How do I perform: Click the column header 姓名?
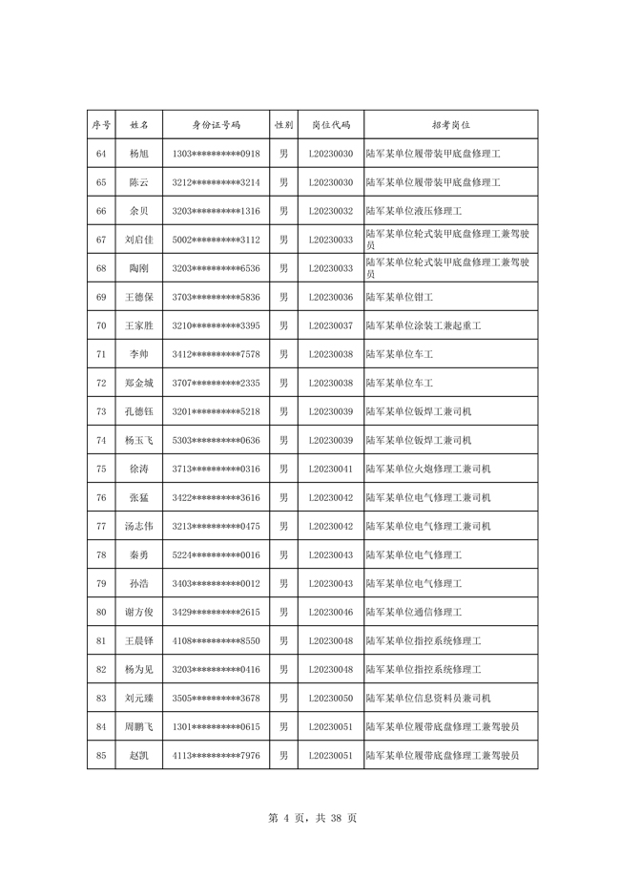click(x=138, y=125)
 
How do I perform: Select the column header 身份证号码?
click(x=217, y=125)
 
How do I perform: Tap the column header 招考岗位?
click(x=451, y=125)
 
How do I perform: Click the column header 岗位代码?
click(x=331, y=125)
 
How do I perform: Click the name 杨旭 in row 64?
click(x=138, y=154)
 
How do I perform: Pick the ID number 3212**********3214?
click(x=217, y=182)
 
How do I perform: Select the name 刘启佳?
click(x=138, y=240)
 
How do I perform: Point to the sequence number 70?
click(x=101, y=325)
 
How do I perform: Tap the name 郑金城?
click(x=138, y=383)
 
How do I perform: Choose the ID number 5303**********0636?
click(x=217, y=440)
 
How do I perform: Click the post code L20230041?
click(x=331, y=469)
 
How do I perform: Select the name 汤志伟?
click(x=138, y=526)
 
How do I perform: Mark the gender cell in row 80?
click(x=283, y=612)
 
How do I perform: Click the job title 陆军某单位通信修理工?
click(x=414, y=612)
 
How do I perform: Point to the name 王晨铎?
click(x=138, y=640)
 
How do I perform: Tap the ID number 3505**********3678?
click(x=217, y=698)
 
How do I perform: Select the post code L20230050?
click(x=331, y=698)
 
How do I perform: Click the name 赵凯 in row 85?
click(x=138, y=755)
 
